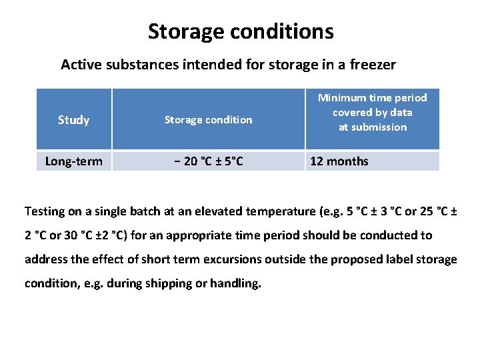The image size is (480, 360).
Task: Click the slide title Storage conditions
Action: click(x=241, y=31)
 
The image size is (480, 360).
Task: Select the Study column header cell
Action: click(x=73, y=120)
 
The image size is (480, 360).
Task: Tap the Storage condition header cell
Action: click(x=208, y=120)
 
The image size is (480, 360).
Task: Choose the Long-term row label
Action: click(x=73, y=161)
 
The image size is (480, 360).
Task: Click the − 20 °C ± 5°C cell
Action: click(x=208, y=161)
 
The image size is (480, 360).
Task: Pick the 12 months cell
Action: click(x=339, y=161)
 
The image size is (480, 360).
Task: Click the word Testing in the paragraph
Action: click(x=45, y=211)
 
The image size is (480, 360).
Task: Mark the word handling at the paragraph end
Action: click(x=236, y=283)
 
